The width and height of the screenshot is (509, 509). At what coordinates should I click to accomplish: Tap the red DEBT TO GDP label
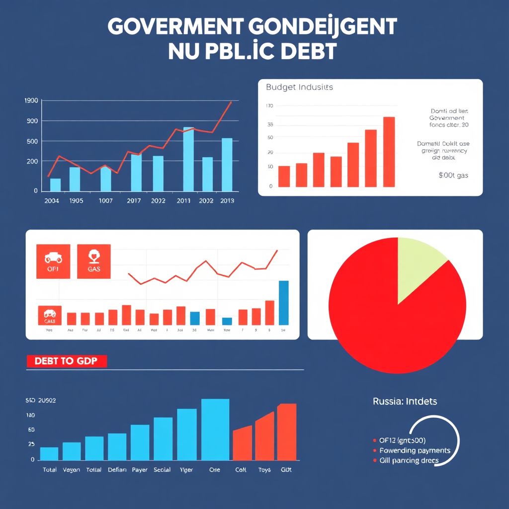click(67, 361)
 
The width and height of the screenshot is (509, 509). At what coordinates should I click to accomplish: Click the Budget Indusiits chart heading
click(299, 87)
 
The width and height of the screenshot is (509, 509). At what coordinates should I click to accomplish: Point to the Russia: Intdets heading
click(405, 401)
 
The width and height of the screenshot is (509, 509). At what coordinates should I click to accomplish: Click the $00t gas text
click(453, 175)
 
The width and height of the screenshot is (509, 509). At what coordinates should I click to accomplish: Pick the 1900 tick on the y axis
click(31, 100)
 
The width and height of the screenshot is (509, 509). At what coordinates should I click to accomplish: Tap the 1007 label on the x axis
click(105, 201)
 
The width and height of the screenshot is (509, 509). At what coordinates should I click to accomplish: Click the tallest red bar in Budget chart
click(389, 152)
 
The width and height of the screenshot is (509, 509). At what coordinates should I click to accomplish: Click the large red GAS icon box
click(94, 261)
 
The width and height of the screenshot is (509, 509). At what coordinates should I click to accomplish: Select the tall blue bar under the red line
click(283, 303)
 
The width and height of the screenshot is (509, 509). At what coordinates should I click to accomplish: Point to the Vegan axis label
click(72, 470)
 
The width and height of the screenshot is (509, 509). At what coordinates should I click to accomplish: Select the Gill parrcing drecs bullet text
click(409, 460)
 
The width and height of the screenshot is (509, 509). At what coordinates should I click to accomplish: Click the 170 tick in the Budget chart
click(270, 106)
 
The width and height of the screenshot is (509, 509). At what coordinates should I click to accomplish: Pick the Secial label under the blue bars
click(162, 470)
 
